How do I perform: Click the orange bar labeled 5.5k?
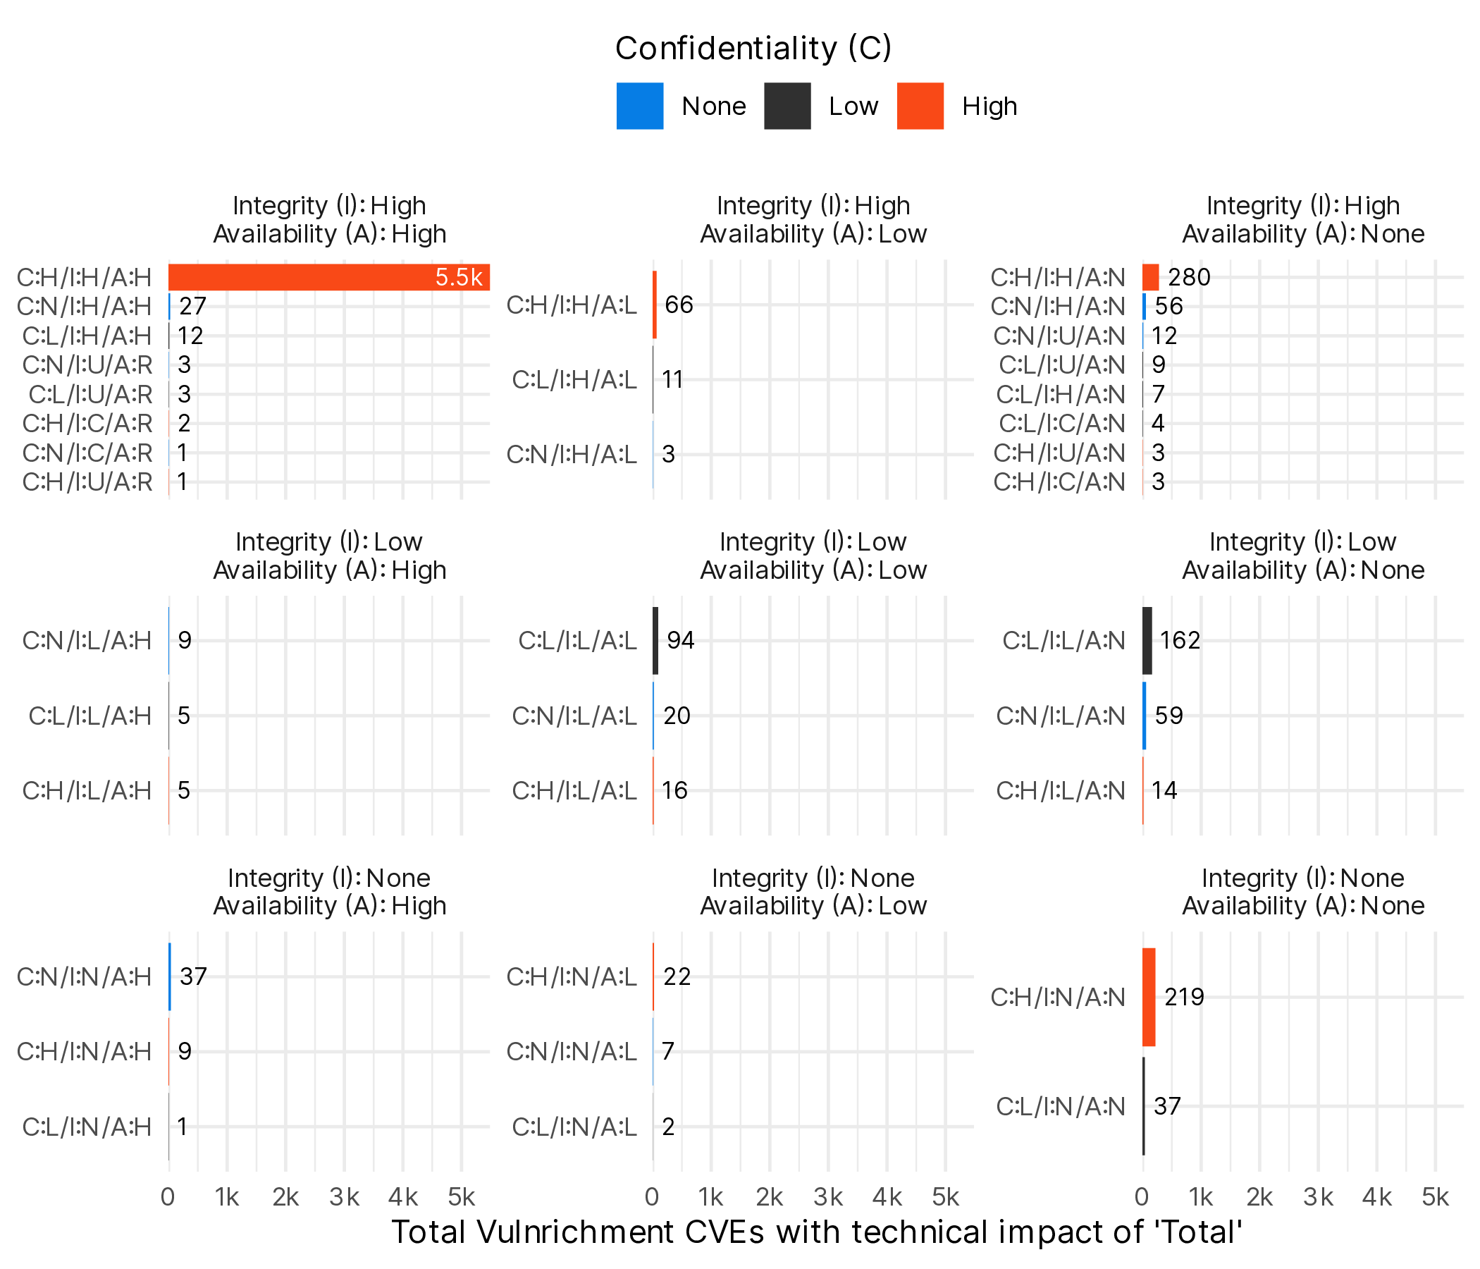(328, 277)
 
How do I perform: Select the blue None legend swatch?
(639, 106)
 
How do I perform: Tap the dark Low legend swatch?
(787, 106)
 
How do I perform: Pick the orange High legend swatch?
(920, 106)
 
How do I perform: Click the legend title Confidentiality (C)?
(753, 49)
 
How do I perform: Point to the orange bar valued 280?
(1150, 277)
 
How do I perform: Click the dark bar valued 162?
(1147, 640)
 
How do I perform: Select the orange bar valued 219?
(1149, 997)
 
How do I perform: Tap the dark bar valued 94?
(655, 640)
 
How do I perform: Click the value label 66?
(679, 305)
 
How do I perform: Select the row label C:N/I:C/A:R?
(87, 453)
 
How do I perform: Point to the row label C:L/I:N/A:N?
(1061, 1106)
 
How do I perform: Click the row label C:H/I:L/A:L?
(574, 790)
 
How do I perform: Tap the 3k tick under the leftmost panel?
(345, 1197)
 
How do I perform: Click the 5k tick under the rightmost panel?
(1435, 1197)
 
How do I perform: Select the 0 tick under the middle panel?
(652, 1197)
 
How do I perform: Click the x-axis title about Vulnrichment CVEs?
(817, 1232)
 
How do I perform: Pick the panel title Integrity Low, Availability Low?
(813, 556)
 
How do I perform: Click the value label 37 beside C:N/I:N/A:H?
(193, 976)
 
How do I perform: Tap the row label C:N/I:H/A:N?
(1058, 307)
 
